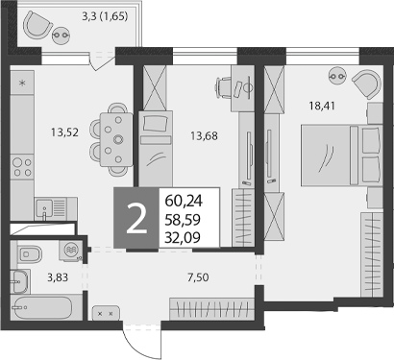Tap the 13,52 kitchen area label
(45, 134)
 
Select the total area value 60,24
(184, 201)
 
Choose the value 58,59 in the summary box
(184, 219)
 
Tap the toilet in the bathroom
(29, 254)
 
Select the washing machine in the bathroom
(70, 251)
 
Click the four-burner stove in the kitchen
(20, 169)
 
